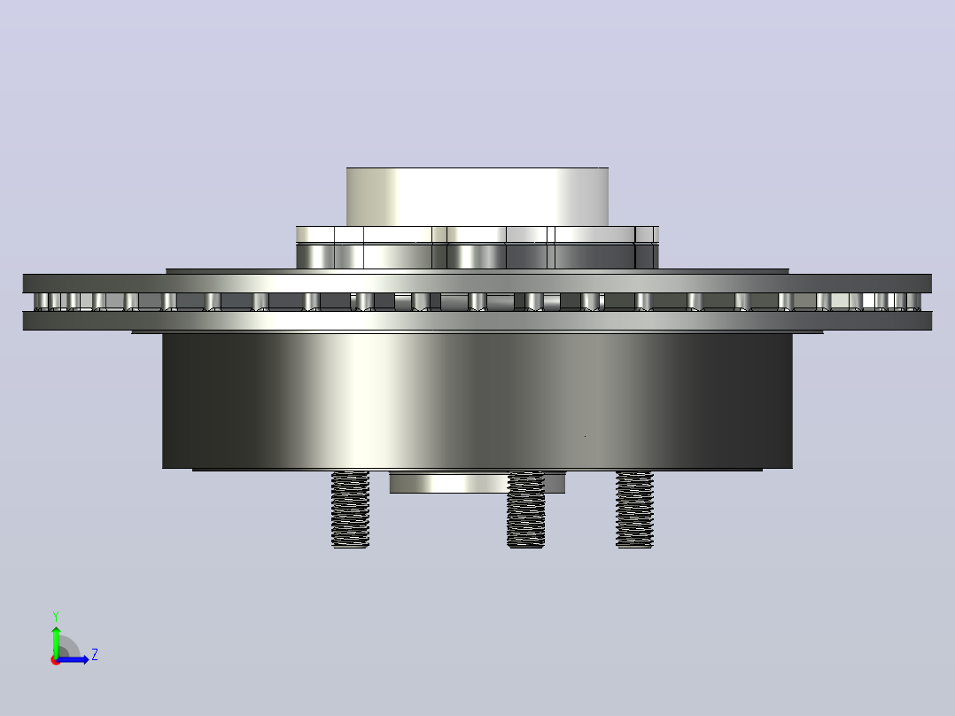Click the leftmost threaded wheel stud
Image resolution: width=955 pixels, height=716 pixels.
tap(350, 509)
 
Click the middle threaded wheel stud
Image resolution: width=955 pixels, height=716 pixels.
tap(525, 509)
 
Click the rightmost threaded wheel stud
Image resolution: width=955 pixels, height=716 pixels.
tap(634, 509)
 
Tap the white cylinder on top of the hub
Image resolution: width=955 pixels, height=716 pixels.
tap(477, 197)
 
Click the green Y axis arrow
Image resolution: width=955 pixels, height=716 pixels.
tap(56, 640)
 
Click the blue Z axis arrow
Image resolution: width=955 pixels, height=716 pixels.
tap(73, 659)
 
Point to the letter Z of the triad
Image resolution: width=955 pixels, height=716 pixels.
tap(95, 655)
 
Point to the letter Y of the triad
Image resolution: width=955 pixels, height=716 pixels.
tap(56, 616)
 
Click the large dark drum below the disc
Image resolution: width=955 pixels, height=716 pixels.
tap(477, 401)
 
